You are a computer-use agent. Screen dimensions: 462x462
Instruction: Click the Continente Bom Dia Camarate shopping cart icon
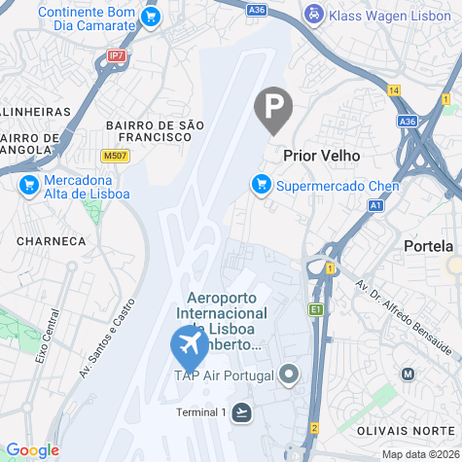point(150,17)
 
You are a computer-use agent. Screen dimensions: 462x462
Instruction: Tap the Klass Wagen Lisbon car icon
point(313,15)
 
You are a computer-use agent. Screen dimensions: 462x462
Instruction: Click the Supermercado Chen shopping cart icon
point(260,183)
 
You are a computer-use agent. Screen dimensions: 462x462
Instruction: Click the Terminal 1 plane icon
point(241,412)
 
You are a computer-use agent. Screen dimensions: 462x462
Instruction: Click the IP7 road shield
point(117,56)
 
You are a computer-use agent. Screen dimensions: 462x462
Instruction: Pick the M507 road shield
point(114,156)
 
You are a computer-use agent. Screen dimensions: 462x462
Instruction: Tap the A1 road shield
point(376,205)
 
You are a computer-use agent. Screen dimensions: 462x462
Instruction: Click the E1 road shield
point(316,309)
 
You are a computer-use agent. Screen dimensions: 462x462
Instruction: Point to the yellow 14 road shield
point(394,90)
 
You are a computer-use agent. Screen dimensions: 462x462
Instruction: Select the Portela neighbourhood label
point(428,247)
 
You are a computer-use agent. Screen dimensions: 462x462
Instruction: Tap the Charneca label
point(52,240)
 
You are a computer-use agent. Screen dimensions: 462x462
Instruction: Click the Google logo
point(32,450)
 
